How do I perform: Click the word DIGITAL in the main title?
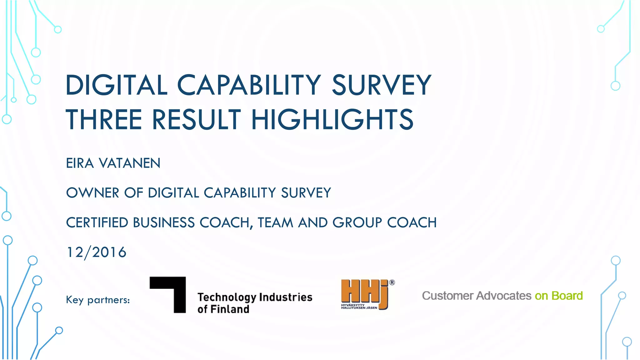(117, 85)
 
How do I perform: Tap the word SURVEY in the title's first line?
(382, 85)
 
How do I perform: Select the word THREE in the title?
(104, 119)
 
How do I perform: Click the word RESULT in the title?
(196, 119)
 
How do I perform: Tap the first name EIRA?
(80, 163)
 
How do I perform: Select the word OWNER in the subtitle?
(92, 193)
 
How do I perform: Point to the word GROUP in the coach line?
(357, 223)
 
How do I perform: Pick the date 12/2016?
(97, 252)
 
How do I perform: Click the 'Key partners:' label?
(98, 300)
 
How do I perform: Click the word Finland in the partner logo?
(230, 309)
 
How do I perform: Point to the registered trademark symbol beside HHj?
(392, 283)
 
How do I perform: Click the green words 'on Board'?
(559, 296)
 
